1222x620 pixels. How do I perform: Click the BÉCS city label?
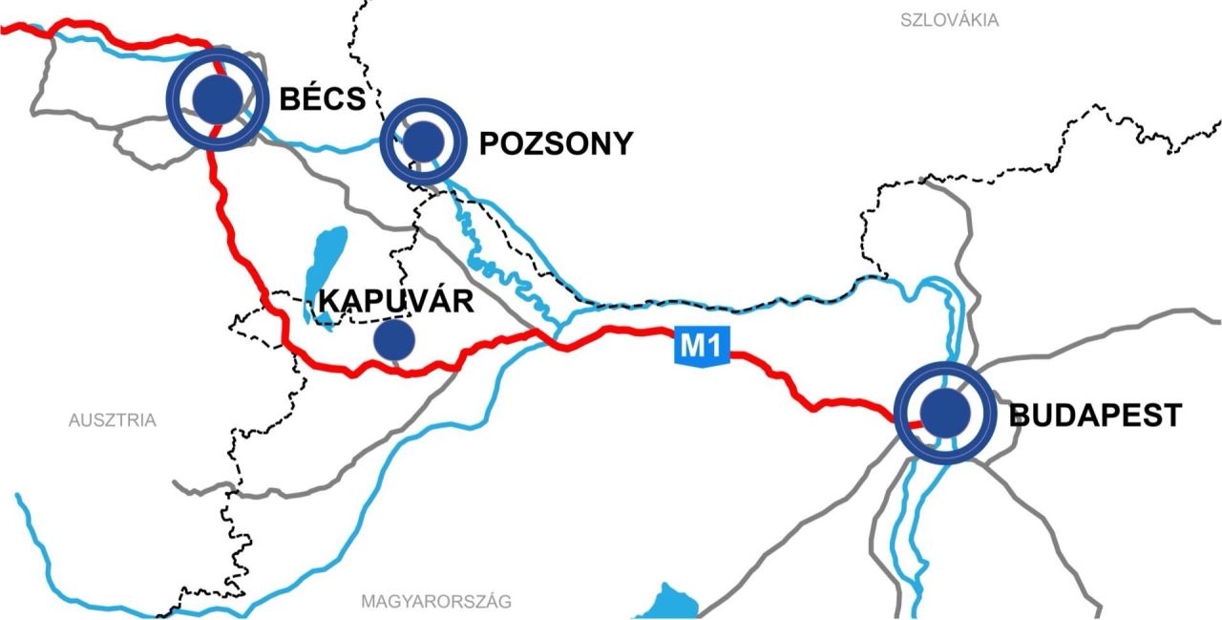322,98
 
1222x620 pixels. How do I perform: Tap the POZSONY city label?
556,144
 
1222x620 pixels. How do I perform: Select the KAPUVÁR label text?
396,301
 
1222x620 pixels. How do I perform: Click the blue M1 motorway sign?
703,346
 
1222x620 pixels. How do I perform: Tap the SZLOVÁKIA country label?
949,20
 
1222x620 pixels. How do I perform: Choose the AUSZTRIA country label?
112,420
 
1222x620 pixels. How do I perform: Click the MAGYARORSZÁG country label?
436,602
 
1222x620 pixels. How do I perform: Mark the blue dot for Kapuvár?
393,340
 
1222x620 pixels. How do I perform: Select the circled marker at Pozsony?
423,142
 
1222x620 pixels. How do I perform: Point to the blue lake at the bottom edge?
669,604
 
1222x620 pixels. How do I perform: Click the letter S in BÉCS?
354,98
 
